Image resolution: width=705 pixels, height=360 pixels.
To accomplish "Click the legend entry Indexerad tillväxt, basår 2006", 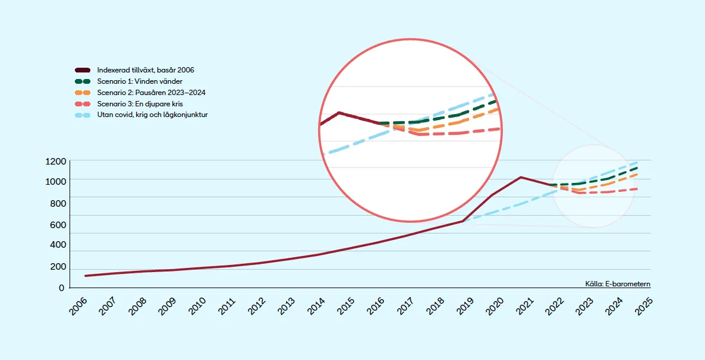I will click(x=146, y=70).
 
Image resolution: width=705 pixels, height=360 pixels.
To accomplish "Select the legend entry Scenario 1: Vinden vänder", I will click(x=140, y=81).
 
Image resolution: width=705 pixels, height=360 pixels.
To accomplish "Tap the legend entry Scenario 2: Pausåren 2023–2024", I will click(x=151, y=93).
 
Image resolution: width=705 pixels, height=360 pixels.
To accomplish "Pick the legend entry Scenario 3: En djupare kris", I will click(x=140, y=104).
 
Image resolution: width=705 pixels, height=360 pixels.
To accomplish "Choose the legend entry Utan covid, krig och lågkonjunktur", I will click(x=152, y=115).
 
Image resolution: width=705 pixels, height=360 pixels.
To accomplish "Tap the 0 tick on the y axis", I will click(x=61, y=288).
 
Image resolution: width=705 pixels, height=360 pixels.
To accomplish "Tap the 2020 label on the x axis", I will click(x=496, y=306).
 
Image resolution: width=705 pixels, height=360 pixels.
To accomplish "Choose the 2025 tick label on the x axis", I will click(x=644, y=306).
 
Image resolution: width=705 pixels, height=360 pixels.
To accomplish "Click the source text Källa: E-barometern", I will click(x=618, y=285).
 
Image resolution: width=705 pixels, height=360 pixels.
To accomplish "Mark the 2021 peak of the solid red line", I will click(x=521, y=177).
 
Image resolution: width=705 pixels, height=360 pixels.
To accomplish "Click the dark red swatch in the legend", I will click(x=83, y=70).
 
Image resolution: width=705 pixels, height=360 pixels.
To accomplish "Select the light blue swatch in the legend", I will click(x=83, y=115).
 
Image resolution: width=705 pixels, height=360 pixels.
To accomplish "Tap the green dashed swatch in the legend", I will click(x=83, y=81).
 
